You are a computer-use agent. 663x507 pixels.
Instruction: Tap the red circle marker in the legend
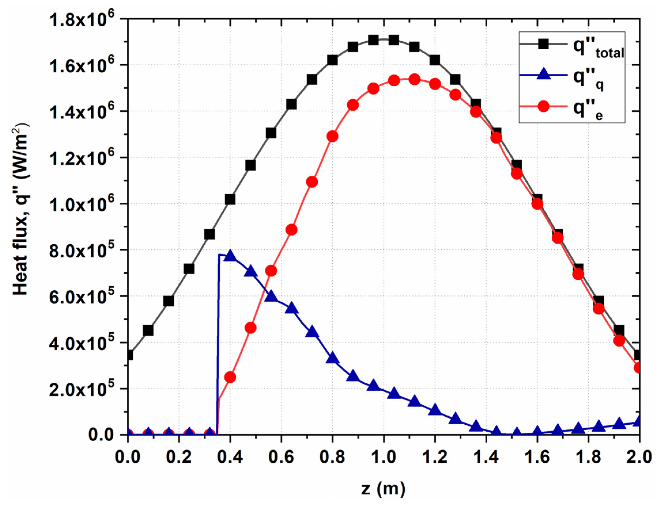pyautogui.click(x=543, y=106)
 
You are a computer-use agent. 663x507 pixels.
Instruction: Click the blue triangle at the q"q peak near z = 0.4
pyautogui.click(x=230, y=256)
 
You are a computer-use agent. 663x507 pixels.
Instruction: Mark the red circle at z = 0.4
pyautogui.click(x=230, y=377)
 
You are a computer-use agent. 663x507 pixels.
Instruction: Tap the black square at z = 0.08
pyautogui.click(x=148, y=331)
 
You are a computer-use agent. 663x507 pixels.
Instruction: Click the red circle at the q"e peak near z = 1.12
pyautogui.click(x=414, y=80)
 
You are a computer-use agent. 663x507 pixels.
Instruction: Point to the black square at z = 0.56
pyautogui.click(x=271, y=133)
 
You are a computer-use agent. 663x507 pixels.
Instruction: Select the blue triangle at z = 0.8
pyautogui.click(x=333, y=358)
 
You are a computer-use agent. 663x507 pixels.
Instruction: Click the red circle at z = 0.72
pyautogui.click(x=312, y=182)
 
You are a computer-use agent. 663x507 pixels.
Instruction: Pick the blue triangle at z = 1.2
pyautogui.click(x=435, y=411)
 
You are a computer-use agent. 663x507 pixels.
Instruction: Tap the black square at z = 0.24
pyautogui.click(x=189, y=269)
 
